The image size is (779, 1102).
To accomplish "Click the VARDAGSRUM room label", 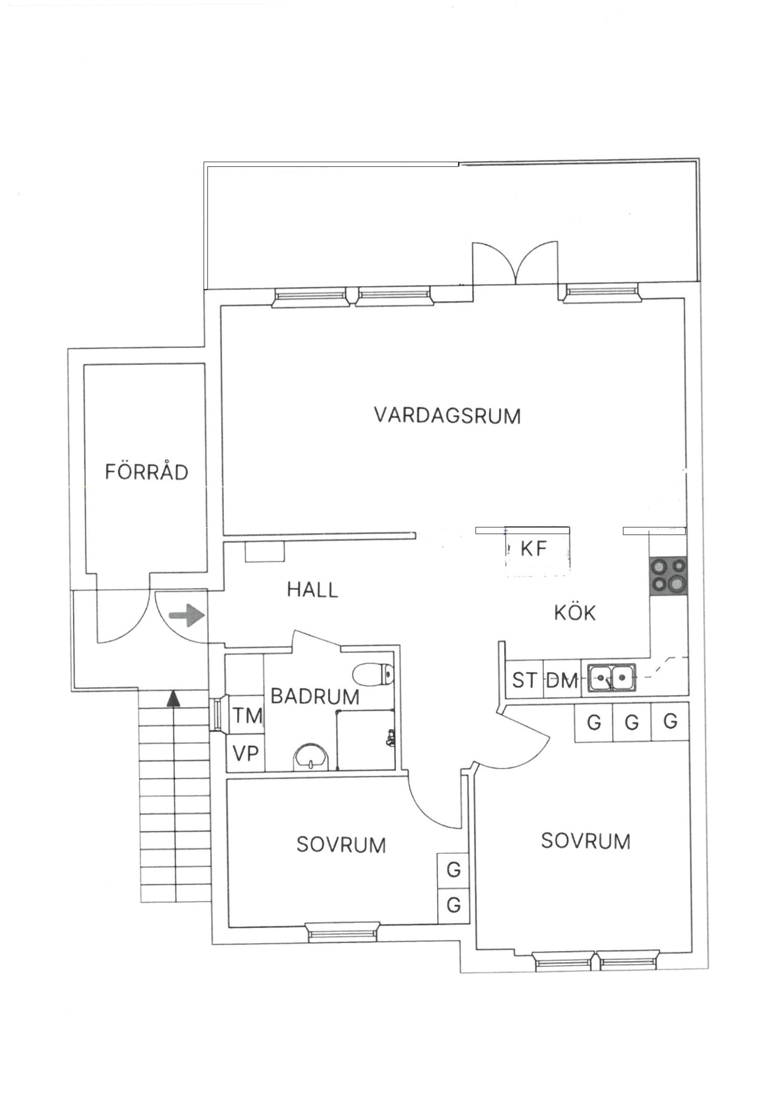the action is click(447, 416).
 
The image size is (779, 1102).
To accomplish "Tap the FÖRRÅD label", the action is click(146, 471).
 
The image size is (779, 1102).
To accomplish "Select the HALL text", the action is click(312, 590).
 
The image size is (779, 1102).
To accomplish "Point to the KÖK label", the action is click(575, 612).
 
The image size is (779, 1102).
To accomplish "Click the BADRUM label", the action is click(315, 696).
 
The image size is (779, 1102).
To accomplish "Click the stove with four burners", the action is click(668, 575).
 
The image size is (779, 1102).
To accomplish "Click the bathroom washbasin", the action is click(311, 757).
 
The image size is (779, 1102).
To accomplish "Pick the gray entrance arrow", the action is click(187, 615).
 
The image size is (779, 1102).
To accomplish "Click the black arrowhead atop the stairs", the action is click(174, 698).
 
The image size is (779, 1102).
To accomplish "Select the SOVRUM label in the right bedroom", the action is click(586, 841).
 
